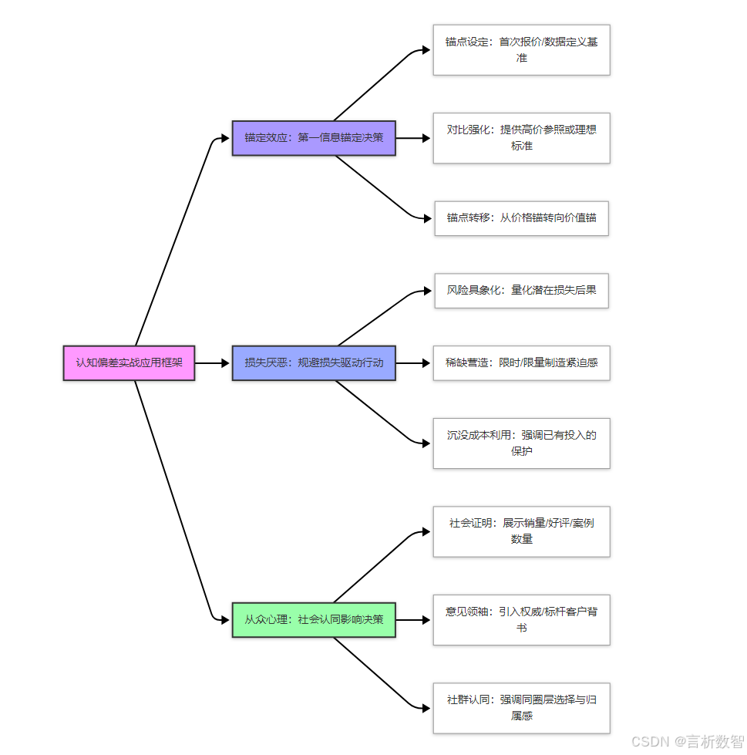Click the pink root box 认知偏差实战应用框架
[x=129, y=362]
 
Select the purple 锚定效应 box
[x=314, y=138]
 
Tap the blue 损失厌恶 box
[x=314, y=362]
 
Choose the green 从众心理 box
[x=314, y=619]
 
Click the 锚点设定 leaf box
[x=521, y=50]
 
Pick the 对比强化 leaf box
[x=521, y=138]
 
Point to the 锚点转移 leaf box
[x=521, y=218]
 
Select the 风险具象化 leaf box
[x=521, y=291]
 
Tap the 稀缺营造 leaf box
[x=521, y=362]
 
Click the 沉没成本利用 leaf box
[x=521, y=443]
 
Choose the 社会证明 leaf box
[x=521, y=531]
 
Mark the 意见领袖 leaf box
[x=521, y=619]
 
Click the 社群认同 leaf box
[x=521, y=707]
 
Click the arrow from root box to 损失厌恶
[x=212, y=362]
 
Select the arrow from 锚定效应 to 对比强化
[x=412, y=138]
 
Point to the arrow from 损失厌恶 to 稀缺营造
[x=412, y=362]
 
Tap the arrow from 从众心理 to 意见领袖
[x=412, y=619]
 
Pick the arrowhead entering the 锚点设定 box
[x=426, y=50]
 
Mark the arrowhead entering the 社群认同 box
[x=426, y=707]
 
